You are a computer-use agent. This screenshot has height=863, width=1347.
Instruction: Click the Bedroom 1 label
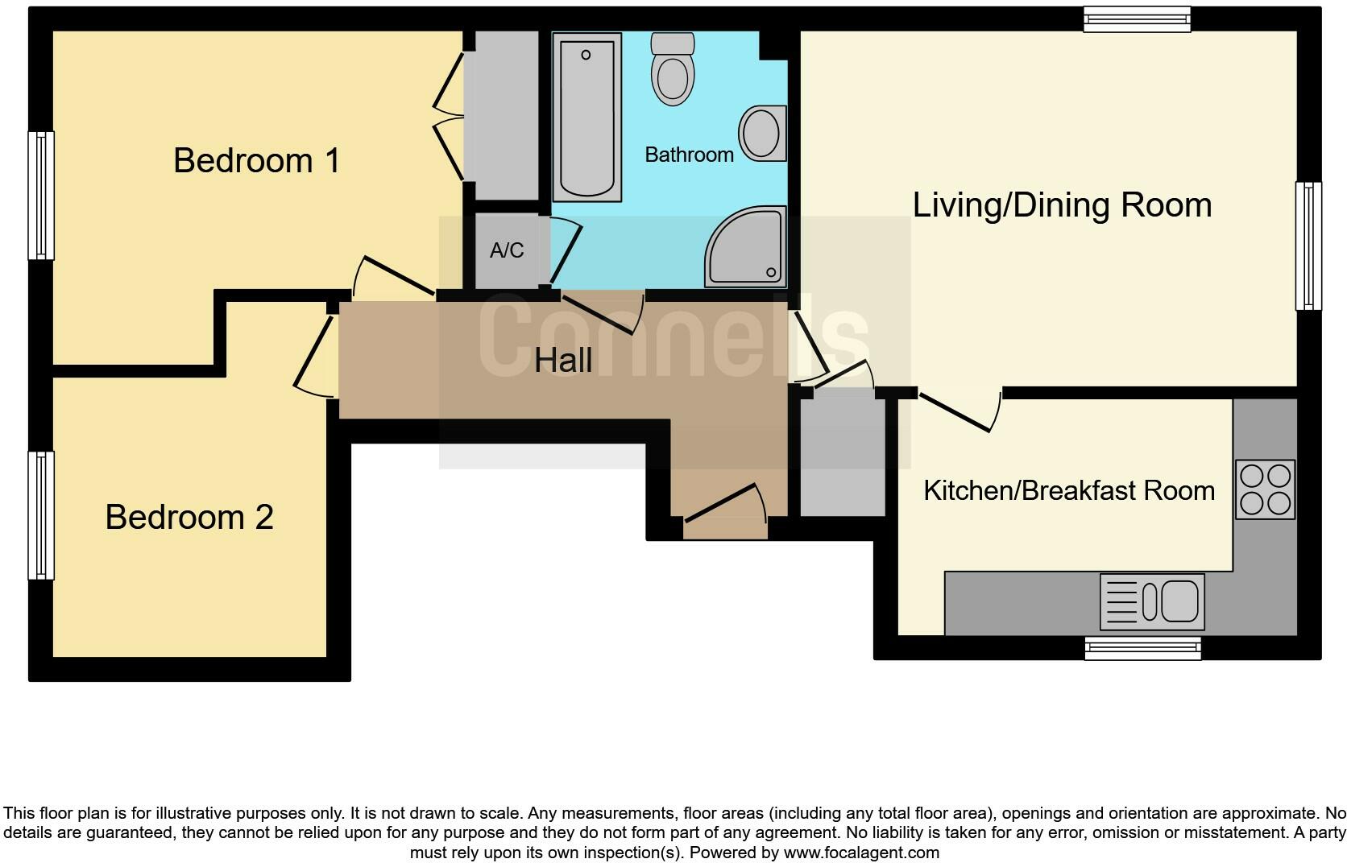(256, 160)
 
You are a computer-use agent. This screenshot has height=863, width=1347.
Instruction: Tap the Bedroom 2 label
(189, 517)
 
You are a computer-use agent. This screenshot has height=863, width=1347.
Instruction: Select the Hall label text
(563, 360)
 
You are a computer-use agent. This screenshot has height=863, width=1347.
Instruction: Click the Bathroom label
(689, 155)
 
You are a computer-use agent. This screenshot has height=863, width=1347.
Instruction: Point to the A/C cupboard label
(507, 250)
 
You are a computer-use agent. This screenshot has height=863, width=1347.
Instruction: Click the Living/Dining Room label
(1062, 204)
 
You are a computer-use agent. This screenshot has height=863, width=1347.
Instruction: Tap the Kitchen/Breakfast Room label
(1068, 490)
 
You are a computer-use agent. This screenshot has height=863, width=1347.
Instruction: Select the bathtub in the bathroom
(586, 117)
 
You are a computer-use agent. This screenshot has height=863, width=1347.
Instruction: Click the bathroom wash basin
(761, 133)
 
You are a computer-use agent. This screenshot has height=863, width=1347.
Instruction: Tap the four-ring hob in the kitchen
(1265, 489)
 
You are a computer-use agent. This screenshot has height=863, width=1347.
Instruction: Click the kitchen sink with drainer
(1152, 601)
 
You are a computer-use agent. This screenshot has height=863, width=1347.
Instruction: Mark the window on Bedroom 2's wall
(41, 515)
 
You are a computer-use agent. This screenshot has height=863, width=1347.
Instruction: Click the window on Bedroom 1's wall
(41, 196)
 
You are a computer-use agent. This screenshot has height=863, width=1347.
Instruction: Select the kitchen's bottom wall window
(1142, 648)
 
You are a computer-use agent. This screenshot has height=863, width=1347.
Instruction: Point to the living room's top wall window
(1137, 19)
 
